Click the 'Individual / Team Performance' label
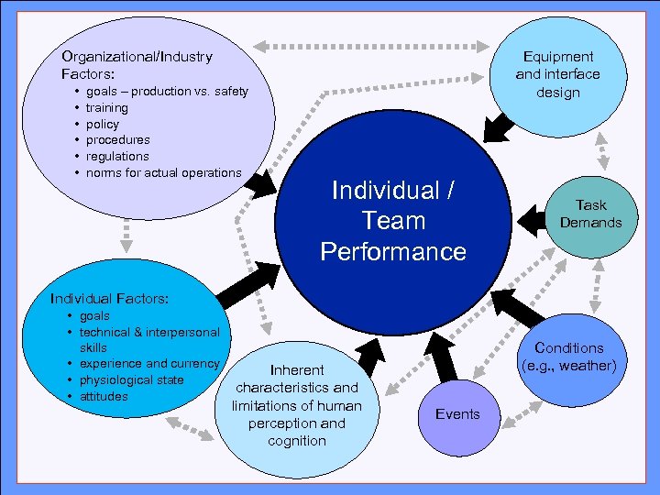coord(393,221)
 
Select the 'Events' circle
coord(457,414)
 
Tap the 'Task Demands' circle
coord(591,214)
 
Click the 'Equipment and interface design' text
coord(557,74)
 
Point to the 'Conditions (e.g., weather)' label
coord(569,357)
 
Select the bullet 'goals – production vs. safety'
coord(167,92)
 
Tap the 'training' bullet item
coord(107,107)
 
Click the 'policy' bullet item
coord(103,124)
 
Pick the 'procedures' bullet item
coord(117,139)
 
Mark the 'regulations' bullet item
coord(116,156)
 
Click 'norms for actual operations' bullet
coord(163,172)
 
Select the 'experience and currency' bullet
coord(149,364)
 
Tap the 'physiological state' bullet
coord(131,379)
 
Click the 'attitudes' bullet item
coord(104,396)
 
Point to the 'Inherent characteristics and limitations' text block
coord(296,405)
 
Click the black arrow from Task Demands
coord(536,218)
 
